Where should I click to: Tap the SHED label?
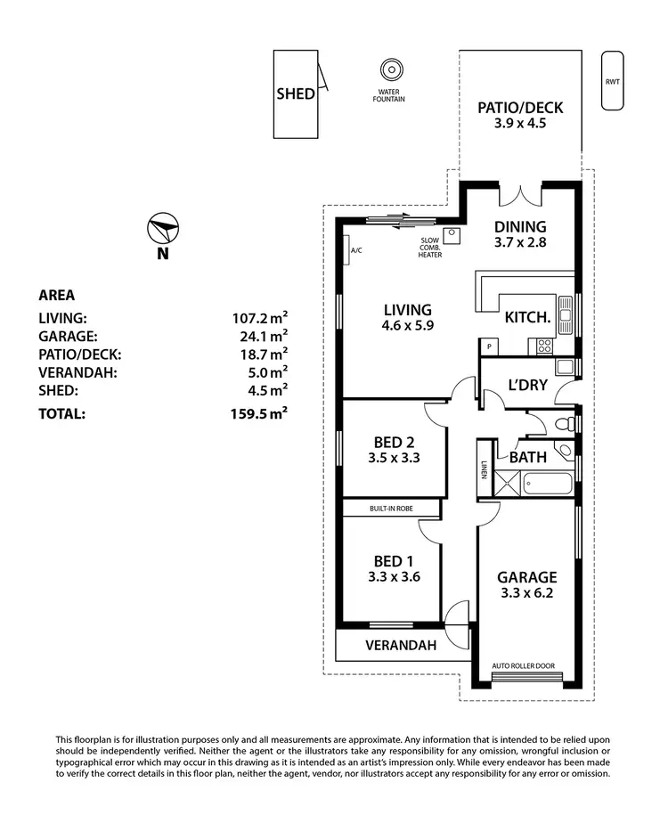(296, 94)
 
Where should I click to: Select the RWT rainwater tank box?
(612, 81)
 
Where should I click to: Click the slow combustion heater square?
(452, 236)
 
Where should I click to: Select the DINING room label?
(520, 227)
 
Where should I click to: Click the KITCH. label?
(527, 317)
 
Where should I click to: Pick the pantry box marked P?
(489, 346)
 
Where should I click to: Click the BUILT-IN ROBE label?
(392, 509)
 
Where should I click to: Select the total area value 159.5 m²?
(258, 413)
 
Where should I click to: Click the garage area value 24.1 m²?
(259, 336)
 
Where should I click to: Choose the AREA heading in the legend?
(56, 296)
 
